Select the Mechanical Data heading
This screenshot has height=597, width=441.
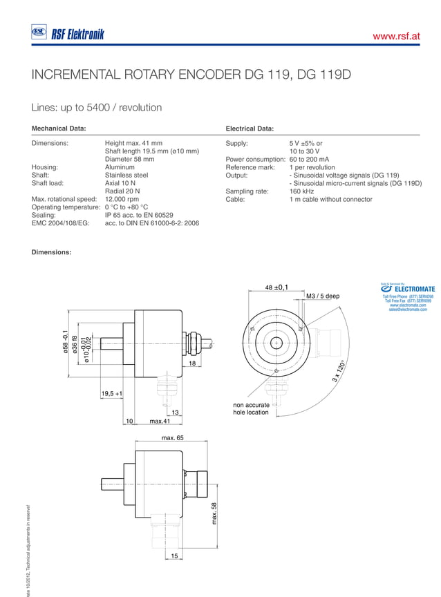pos(59,129)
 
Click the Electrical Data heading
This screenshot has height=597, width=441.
pos(250,129)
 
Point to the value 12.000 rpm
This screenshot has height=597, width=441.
pos(122,199)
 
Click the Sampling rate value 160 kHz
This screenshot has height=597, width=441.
pos(302,191)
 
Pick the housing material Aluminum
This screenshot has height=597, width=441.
pos(120,167)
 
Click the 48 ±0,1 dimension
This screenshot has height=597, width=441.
pos(276,287)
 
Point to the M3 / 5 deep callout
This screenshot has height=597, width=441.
pos(323,296)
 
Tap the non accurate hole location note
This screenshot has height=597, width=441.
pos(252,408)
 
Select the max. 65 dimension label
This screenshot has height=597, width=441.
pos(172,438)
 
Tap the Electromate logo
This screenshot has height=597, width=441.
pos(410,289)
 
